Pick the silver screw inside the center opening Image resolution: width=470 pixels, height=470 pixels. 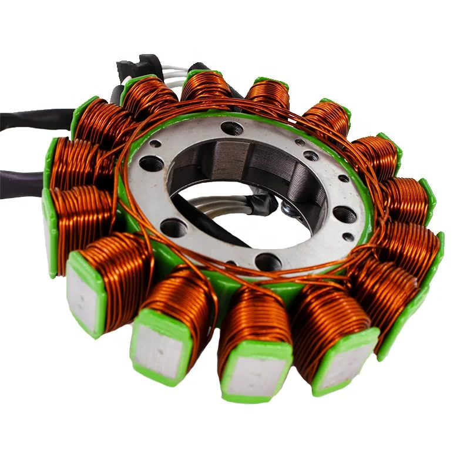[287, 207]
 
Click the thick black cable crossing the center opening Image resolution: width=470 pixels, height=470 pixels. [211, 226]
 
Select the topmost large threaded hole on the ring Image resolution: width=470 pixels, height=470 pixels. [233, 127]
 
